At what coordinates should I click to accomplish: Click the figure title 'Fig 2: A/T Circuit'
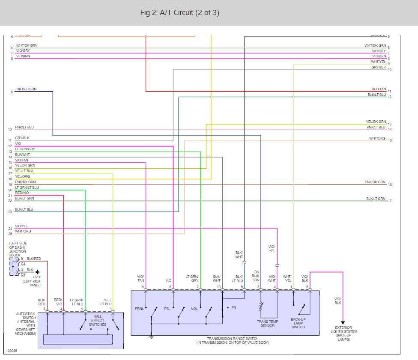coord(179,13)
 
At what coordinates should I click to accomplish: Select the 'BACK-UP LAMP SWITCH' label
coord(299,323)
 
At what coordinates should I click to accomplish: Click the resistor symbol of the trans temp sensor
coord(261,306)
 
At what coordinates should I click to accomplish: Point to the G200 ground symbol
coord(38,272)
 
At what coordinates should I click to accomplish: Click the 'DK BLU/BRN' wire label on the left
coord(27,89)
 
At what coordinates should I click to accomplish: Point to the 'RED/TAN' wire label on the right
coord(379,89)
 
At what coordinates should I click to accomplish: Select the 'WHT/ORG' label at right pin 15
coord(377,139)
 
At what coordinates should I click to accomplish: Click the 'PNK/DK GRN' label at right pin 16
coord(375,182)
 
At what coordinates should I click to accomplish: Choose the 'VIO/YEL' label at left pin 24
coord(21,226)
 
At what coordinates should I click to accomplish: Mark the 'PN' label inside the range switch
coord(233,307)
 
